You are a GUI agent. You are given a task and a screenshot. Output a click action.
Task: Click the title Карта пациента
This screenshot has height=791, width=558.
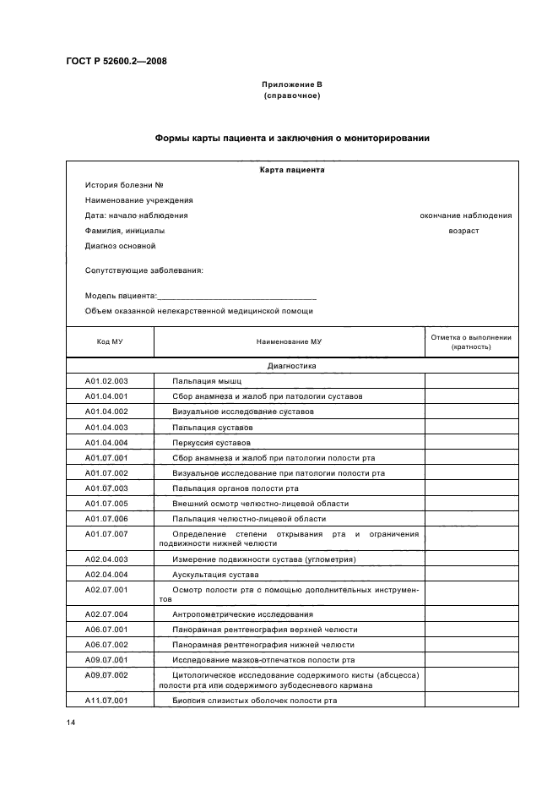pos(291,169)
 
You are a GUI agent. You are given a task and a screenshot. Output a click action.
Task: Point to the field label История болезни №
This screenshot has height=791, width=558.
pos(123,184)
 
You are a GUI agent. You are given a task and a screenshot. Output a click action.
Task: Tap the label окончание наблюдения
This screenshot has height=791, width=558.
pos(465,215)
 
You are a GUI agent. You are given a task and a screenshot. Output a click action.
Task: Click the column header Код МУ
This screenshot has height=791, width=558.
pos(106,341)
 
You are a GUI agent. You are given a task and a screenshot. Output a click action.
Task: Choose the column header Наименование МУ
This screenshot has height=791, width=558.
pos(290,341)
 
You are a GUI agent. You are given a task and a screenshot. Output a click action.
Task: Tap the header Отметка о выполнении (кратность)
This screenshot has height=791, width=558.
pos(470,341)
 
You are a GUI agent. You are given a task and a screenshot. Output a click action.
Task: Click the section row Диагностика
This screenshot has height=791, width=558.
pos(291,366)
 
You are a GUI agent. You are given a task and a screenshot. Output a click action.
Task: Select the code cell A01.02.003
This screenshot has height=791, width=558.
pos(106,381)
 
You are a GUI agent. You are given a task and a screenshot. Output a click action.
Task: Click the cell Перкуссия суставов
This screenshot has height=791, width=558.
pos(211,442)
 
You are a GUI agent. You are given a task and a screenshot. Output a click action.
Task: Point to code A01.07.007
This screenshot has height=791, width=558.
pos(106,534)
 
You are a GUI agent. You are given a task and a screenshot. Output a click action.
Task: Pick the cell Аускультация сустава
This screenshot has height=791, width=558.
pos(209,575)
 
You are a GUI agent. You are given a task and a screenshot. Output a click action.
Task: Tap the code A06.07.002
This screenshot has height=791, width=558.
pos(106,645)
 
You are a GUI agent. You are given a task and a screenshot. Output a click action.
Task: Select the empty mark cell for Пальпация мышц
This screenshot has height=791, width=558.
pos(470,381)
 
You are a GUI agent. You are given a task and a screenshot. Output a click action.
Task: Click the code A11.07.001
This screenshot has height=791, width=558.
pos(106,701)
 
